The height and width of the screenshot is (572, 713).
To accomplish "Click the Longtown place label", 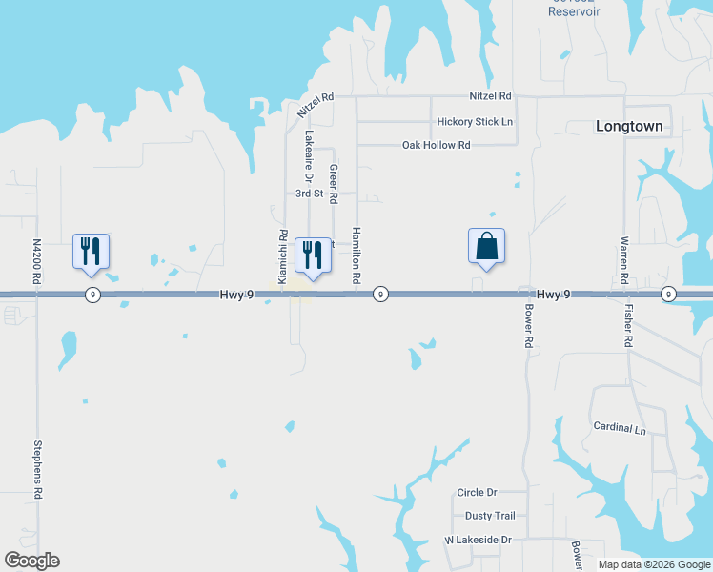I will pos(628,126).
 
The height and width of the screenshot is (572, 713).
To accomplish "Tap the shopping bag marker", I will pos(486,246).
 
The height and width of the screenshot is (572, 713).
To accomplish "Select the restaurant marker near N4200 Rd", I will pos(92,252).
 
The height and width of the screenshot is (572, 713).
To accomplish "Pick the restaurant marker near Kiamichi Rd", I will pos(313,255).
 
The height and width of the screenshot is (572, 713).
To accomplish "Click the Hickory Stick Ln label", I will pos(475,122).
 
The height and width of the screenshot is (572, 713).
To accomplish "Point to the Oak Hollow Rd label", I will pos(437,145).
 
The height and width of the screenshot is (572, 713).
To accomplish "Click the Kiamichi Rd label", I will pos(283,256).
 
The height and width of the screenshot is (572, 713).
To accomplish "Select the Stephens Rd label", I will pos(38,469).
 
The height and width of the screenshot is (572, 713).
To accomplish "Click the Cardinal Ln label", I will pos(620,428).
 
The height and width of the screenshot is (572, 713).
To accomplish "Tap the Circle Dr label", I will pos(478,492).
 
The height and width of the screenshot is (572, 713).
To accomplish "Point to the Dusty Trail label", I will pos(490,516).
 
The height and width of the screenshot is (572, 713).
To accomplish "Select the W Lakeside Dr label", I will pos(479,540).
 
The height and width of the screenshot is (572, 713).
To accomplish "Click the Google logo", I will pos(31,561).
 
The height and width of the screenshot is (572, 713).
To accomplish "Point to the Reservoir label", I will pos(574,11).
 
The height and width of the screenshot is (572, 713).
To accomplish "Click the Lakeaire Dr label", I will pos(309,156).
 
